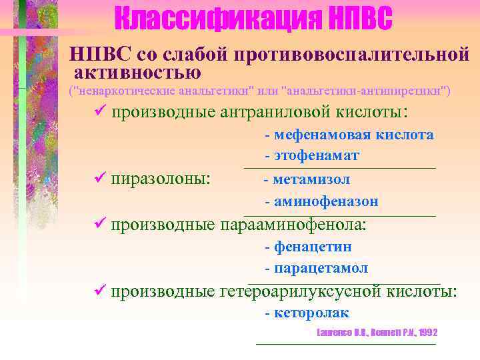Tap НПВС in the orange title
point(360,19)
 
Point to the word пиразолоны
point(161,179)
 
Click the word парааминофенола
point(293,225)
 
